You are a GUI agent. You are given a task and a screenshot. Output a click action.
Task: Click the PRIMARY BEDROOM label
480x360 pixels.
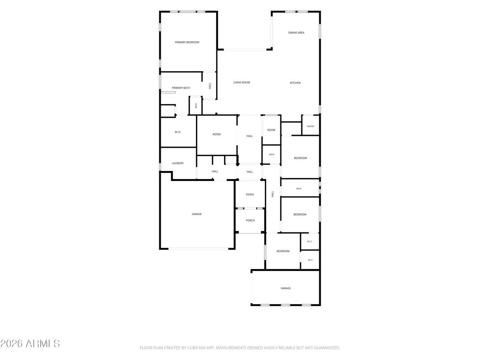tap(187, 42)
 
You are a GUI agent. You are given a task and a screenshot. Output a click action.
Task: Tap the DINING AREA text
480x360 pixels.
tap(296, 32)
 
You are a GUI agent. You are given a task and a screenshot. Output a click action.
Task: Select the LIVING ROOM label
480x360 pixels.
tap(241, 82)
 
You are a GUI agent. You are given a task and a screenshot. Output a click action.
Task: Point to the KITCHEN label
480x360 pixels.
tap(295, 82)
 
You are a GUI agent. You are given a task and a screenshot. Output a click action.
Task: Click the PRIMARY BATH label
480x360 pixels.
tap(180, 88)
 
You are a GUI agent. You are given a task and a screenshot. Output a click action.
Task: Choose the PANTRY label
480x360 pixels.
tap(310, 127)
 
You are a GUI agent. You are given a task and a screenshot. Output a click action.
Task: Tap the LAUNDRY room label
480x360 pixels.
tap(178, 163)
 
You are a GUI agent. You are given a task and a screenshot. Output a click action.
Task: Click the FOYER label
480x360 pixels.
tap(250, 195)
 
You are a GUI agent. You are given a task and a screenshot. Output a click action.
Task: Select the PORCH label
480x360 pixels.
tap(250, 220)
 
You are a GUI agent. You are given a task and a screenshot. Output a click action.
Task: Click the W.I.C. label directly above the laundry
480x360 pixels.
tap(178, 132)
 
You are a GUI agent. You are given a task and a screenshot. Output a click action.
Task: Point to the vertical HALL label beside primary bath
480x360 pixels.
tap(210, 86)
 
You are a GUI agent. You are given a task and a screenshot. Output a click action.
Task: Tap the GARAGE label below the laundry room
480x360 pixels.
tap(196, 214)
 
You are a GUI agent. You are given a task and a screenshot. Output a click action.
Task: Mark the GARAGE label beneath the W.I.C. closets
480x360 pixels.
tap(285, 288)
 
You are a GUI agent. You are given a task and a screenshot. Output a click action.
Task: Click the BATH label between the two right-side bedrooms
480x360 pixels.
tap(299, 188)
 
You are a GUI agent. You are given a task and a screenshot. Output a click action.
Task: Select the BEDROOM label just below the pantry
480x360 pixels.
tap(300, 158)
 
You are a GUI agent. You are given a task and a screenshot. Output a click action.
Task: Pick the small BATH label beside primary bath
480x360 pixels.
tap(196, 105)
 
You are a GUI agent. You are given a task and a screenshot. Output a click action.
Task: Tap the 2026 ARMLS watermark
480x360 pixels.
tap(30, 344)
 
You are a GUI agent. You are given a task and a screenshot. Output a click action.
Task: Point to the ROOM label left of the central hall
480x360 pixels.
tap(217, 134)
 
